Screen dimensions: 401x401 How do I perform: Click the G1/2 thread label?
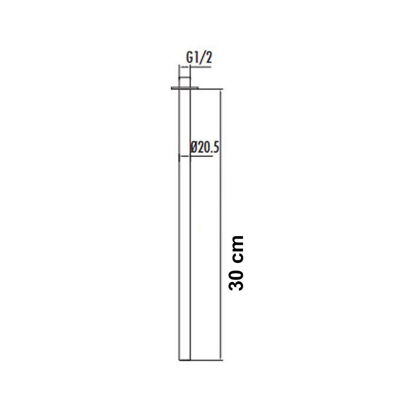pos(199,58)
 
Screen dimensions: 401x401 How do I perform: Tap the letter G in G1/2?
pos(190,58)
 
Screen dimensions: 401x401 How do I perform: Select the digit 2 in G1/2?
pos(209,58)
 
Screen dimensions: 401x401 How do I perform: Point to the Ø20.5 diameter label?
pos(205,148)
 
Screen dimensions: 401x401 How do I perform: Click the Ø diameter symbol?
pos(194,148)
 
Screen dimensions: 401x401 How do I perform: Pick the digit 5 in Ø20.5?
pos(216,148)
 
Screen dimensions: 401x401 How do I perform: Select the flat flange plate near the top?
pos(184,88)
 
